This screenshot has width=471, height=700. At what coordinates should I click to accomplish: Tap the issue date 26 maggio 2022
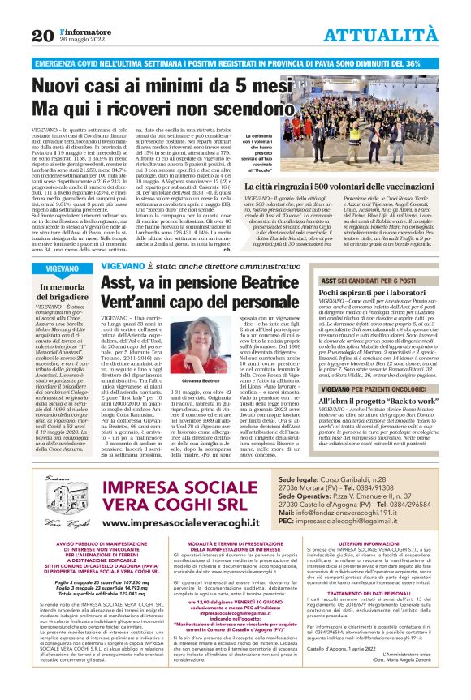81,41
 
